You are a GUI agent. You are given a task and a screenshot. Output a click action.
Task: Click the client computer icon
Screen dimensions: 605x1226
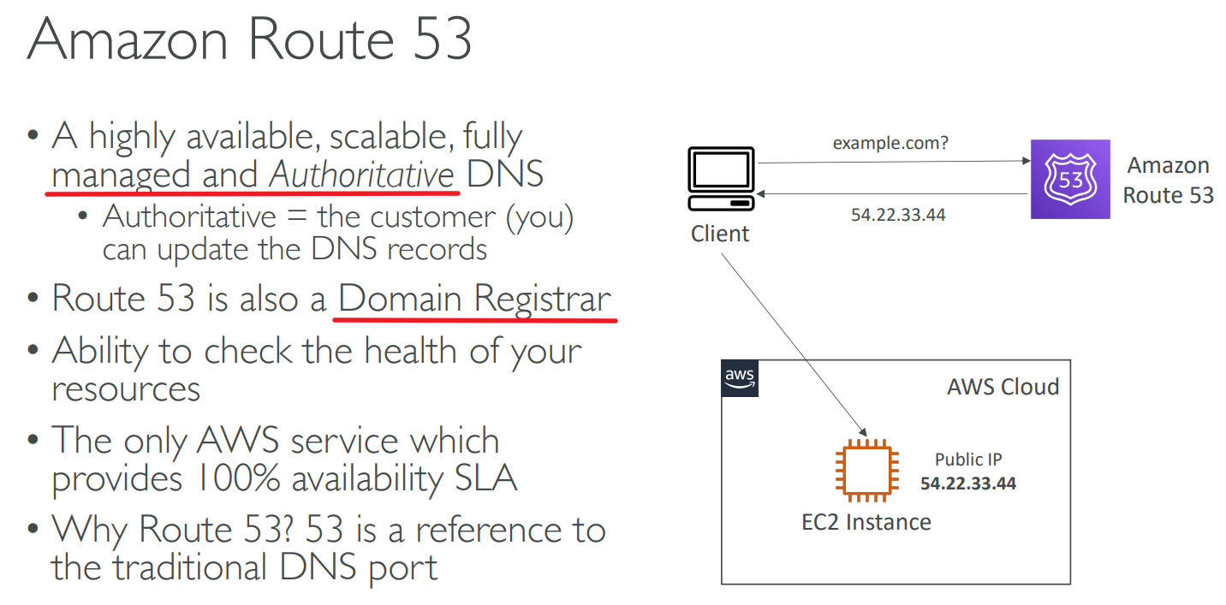(x=721, y=178)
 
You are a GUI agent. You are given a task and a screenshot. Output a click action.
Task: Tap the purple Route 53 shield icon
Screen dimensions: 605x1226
(x=1070, y=179)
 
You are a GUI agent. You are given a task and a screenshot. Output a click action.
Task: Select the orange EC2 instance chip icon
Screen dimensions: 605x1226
(x=866, y=470)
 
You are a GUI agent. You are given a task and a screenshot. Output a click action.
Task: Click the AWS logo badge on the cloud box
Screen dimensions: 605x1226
(x=740, y=378)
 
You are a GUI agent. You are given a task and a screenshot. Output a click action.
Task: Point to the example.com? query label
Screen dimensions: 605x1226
(x=890, y=143)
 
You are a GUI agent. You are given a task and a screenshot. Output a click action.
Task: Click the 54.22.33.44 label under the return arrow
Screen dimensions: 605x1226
(x=898, y=215)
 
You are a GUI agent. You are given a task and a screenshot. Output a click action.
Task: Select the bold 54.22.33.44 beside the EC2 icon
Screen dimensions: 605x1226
(x=967, y=483)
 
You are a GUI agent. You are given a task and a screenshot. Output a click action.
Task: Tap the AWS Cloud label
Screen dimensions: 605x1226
(x=1003, y=387)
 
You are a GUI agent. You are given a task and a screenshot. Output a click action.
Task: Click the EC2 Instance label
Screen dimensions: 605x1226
(x=866, y=521)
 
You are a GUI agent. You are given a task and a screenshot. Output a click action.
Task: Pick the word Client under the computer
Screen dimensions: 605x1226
(x=720, y=234)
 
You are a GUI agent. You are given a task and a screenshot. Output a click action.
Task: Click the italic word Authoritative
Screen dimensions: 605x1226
(x=361, y=174)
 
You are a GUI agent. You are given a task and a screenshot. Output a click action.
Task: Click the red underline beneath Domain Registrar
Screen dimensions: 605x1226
(x=475, y=320)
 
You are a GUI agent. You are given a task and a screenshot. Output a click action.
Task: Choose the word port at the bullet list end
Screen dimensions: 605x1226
(x=402, y=566)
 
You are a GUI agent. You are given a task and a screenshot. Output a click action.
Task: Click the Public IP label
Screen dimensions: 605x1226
(x=968, y=460)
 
